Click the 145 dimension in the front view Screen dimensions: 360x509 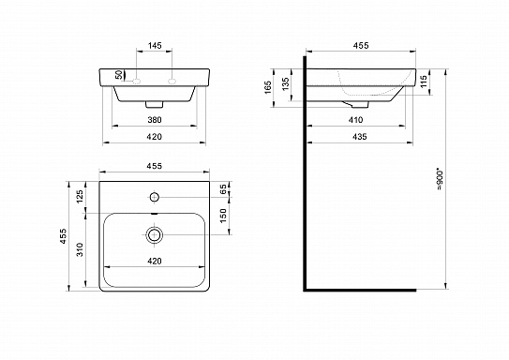point(156,44)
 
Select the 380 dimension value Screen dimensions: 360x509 point(155,120)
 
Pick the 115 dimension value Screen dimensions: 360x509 point(426,82)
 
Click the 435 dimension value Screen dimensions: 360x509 point(360,138)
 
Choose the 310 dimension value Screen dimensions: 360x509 point(81,248)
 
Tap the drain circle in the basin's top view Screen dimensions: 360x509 point(156,232)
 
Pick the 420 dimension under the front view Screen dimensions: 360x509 point(155,138)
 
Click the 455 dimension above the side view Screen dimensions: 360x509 point(360,44)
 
